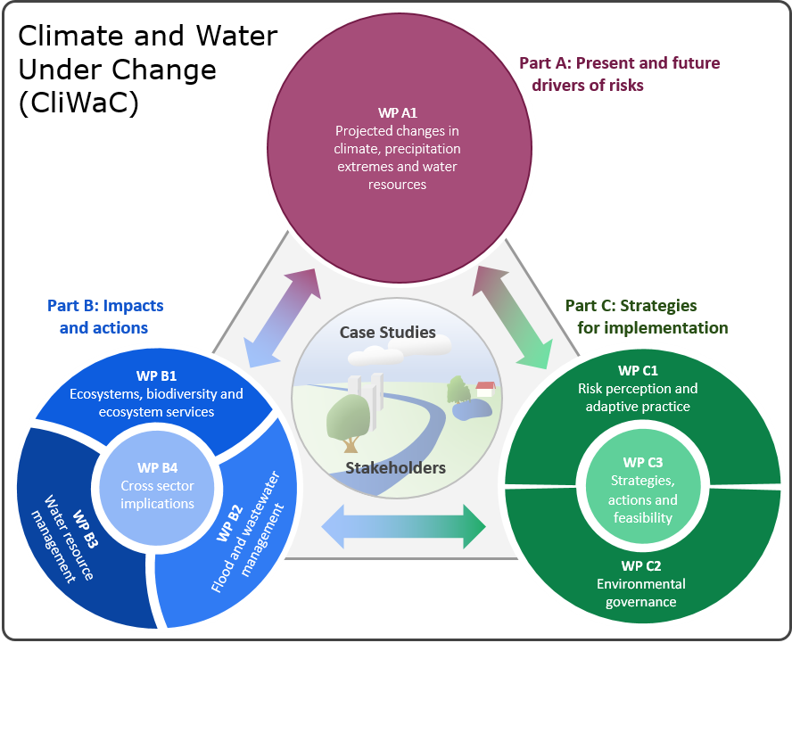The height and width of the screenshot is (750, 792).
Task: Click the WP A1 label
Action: [398, 113]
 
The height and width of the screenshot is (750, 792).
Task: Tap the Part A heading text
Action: [619, 74]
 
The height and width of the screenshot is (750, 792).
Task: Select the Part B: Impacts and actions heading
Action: [104, 317]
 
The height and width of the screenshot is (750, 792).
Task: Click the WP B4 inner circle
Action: [158, 485]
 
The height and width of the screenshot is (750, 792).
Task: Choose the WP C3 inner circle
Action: [642, 490]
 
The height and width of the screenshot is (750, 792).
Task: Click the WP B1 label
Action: [157, 375]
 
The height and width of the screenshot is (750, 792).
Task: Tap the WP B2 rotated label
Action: [230, 535]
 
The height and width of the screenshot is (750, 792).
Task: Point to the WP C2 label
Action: [640, 565]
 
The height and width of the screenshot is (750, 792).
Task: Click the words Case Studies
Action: [387, 333]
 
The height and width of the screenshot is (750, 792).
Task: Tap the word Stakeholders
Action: [395, 467]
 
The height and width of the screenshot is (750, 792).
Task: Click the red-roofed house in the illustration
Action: [485, 390]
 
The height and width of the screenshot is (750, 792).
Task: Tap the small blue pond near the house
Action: [470, 409]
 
